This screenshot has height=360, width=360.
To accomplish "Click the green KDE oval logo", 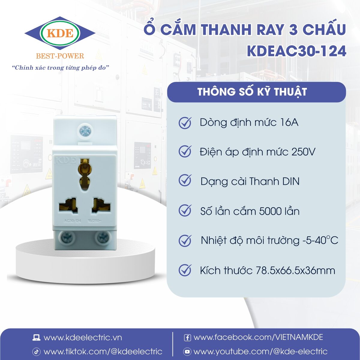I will coord(60,33).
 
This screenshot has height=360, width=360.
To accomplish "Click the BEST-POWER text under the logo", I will coord(60,56).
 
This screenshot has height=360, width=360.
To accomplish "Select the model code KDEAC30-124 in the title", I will coord(296,51).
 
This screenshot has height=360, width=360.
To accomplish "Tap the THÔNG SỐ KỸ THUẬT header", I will coord(252,92).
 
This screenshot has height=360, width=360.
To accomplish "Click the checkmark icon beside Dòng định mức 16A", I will coord(185,122).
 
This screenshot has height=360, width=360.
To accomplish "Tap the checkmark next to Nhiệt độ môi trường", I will coord(185,240).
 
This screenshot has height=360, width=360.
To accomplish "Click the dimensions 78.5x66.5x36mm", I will coord(295,270).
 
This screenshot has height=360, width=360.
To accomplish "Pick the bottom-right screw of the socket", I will coord(102,238).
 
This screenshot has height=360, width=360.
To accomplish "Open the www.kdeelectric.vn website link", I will coord(82,337).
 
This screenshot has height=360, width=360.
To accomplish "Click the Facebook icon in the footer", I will coord(187,338).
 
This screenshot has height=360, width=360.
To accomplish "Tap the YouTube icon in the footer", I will coord(187,352).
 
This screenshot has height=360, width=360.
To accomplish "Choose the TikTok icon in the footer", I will coord(36,352).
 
